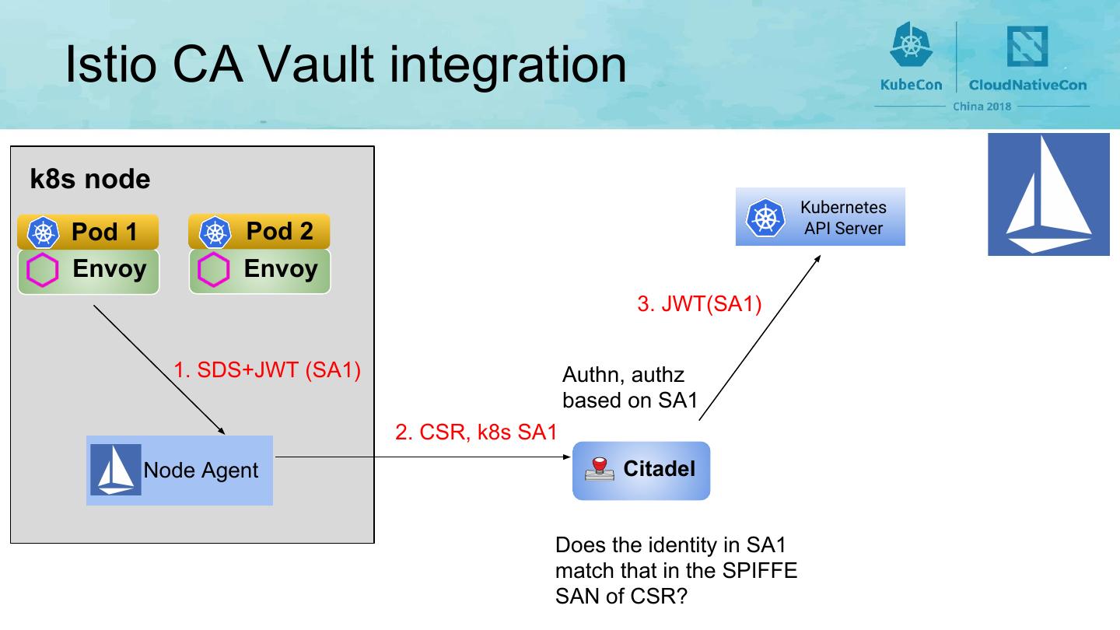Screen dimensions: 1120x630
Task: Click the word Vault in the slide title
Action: [x=317, y=65]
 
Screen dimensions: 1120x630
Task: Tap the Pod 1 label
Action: [x=104, y=232]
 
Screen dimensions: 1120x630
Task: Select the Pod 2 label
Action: [x=279, y=231]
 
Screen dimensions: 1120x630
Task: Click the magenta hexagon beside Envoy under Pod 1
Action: [x=43, y=269]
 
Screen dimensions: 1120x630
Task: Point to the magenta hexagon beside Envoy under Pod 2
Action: [x=213, y=269]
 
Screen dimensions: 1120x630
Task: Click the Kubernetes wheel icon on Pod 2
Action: [x=215, y=233]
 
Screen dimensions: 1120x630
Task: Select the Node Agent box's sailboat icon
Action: [x=115, y=470]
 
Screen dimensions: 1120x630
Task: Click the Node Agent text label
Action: [x=201, y=471]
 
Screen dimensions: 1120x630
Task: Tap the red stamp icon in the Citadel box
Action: [x=600, y=470]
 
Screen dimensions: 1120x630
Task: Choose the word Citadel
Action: [x=659, y=469]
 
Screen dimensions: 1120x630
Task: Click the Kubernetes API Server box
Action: [x=820, y=216]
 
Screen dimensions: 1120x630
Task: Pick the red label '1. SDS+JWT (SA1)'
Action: [x=267, y=370]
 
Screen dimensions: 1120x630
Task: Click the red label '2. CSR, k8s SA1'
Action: [x=476, y=432]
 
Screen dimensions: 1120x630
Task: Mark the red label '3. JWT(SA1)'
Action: [x=699, y=304]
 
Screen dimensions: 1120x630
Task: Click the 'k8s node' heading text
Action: [x=90, y=179]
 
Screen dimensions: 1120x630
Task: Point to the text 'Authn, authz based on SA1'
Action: [x=630, y=387]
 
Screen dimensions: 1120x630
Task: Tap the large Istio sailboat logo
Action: [x=1048, y=194]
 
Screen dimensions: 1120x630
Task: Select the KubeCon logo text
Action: [x=911, y=85]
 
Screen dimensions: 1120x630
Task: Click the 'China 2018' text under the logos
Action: [x=982, y=107]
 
